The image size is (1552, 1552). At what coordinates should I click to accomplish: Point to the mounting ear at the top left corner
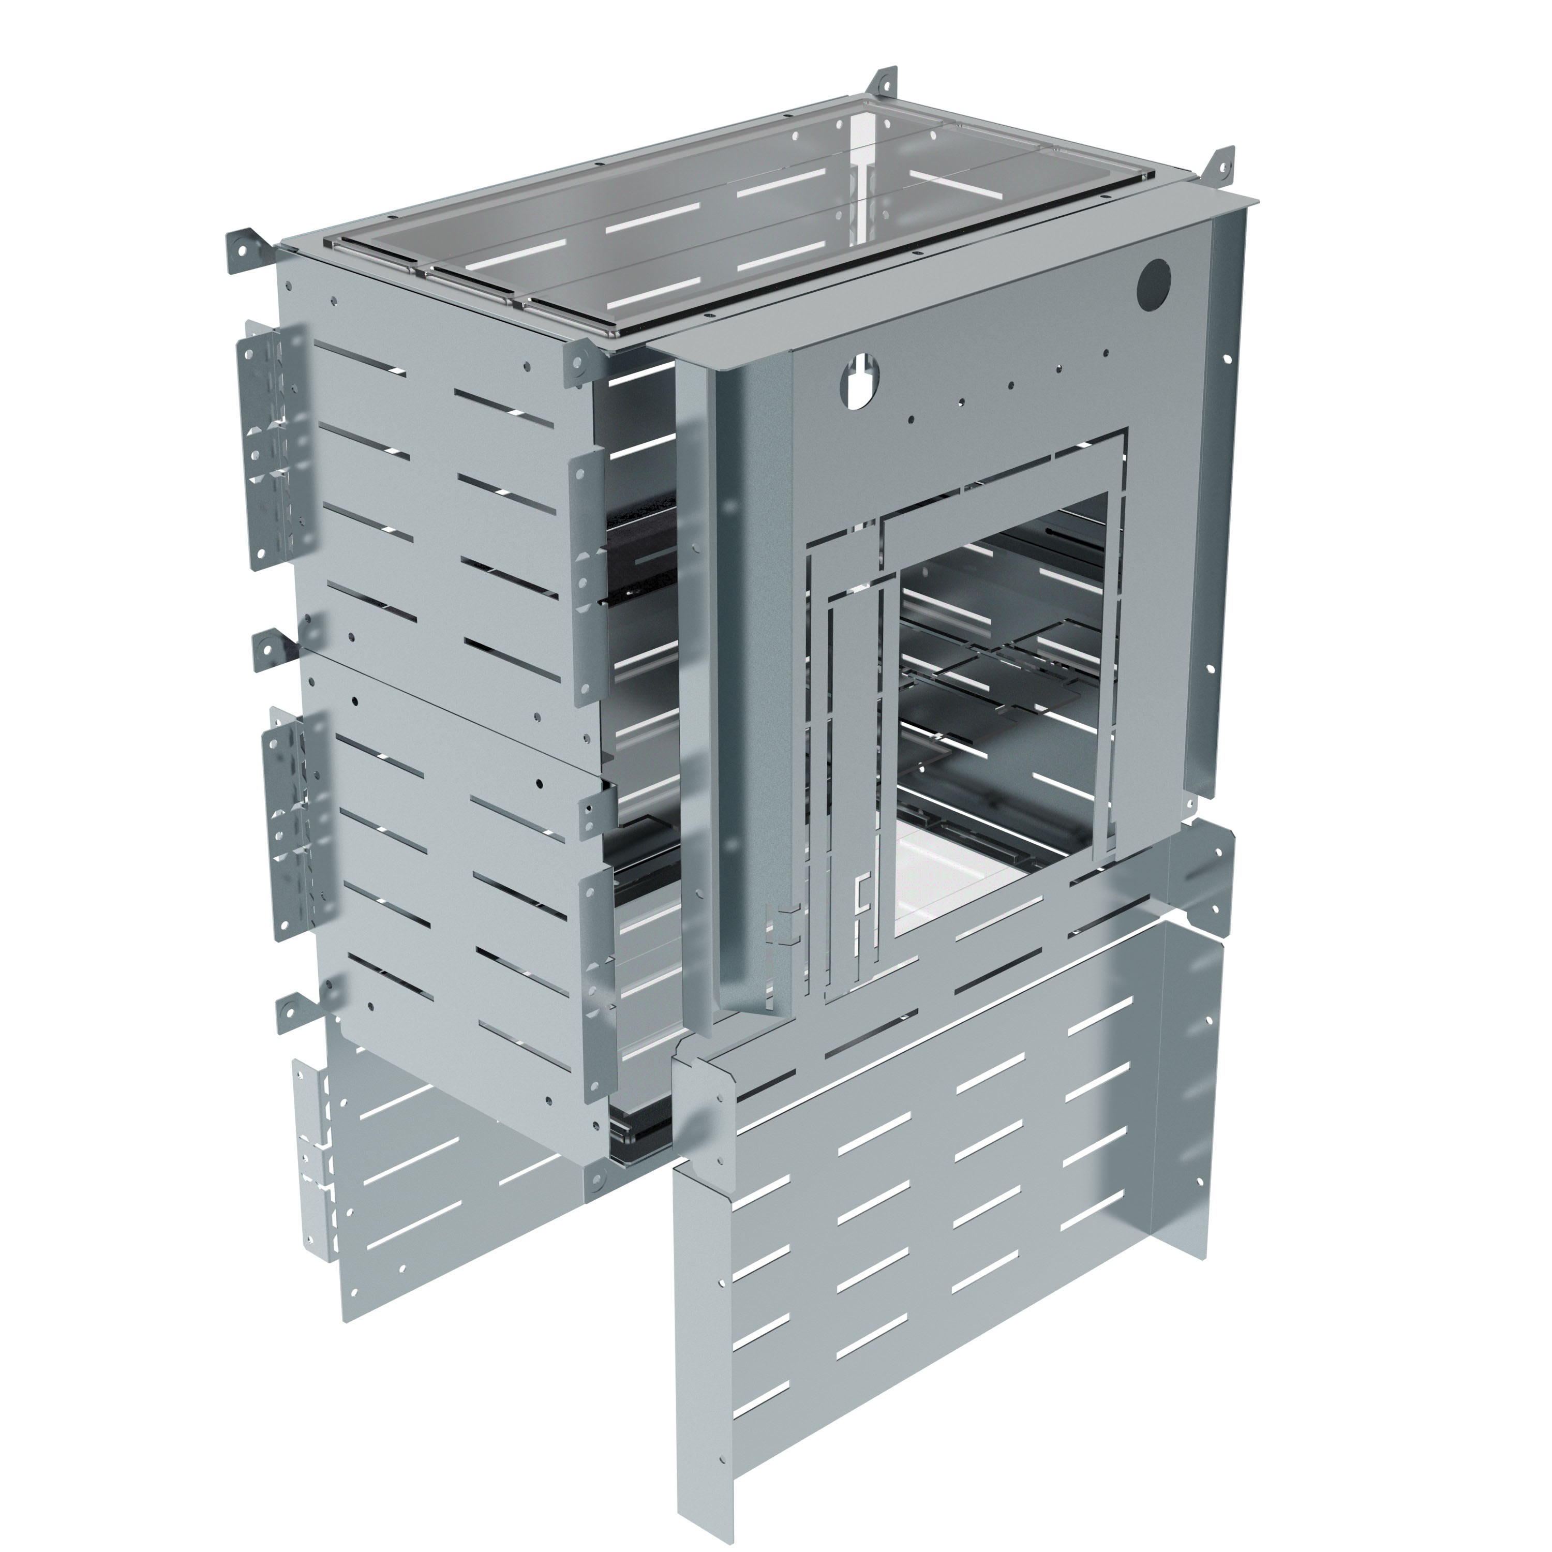241,246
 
